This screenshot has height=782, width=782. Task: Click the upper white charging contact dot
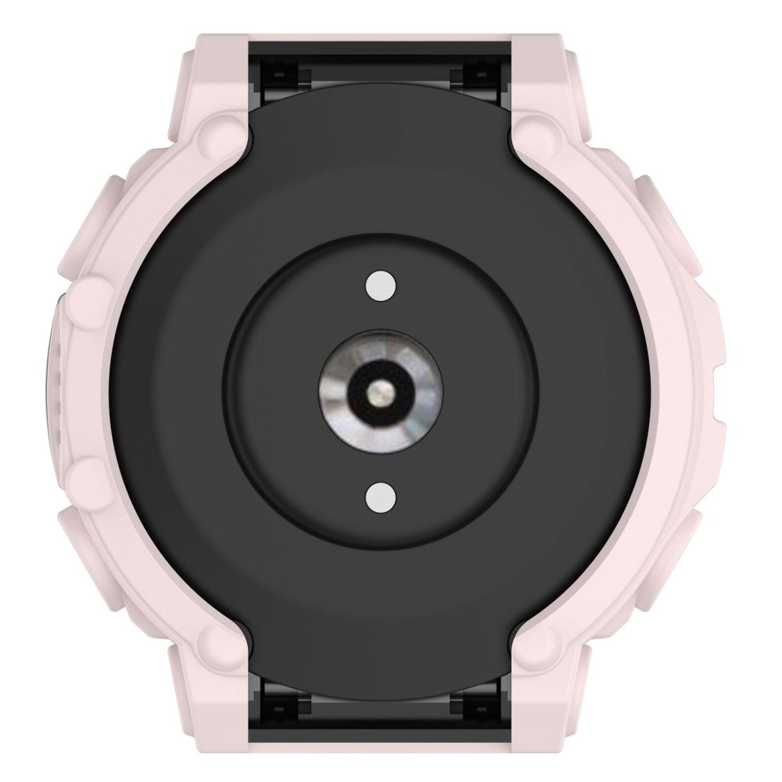[x=379, y=285]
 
